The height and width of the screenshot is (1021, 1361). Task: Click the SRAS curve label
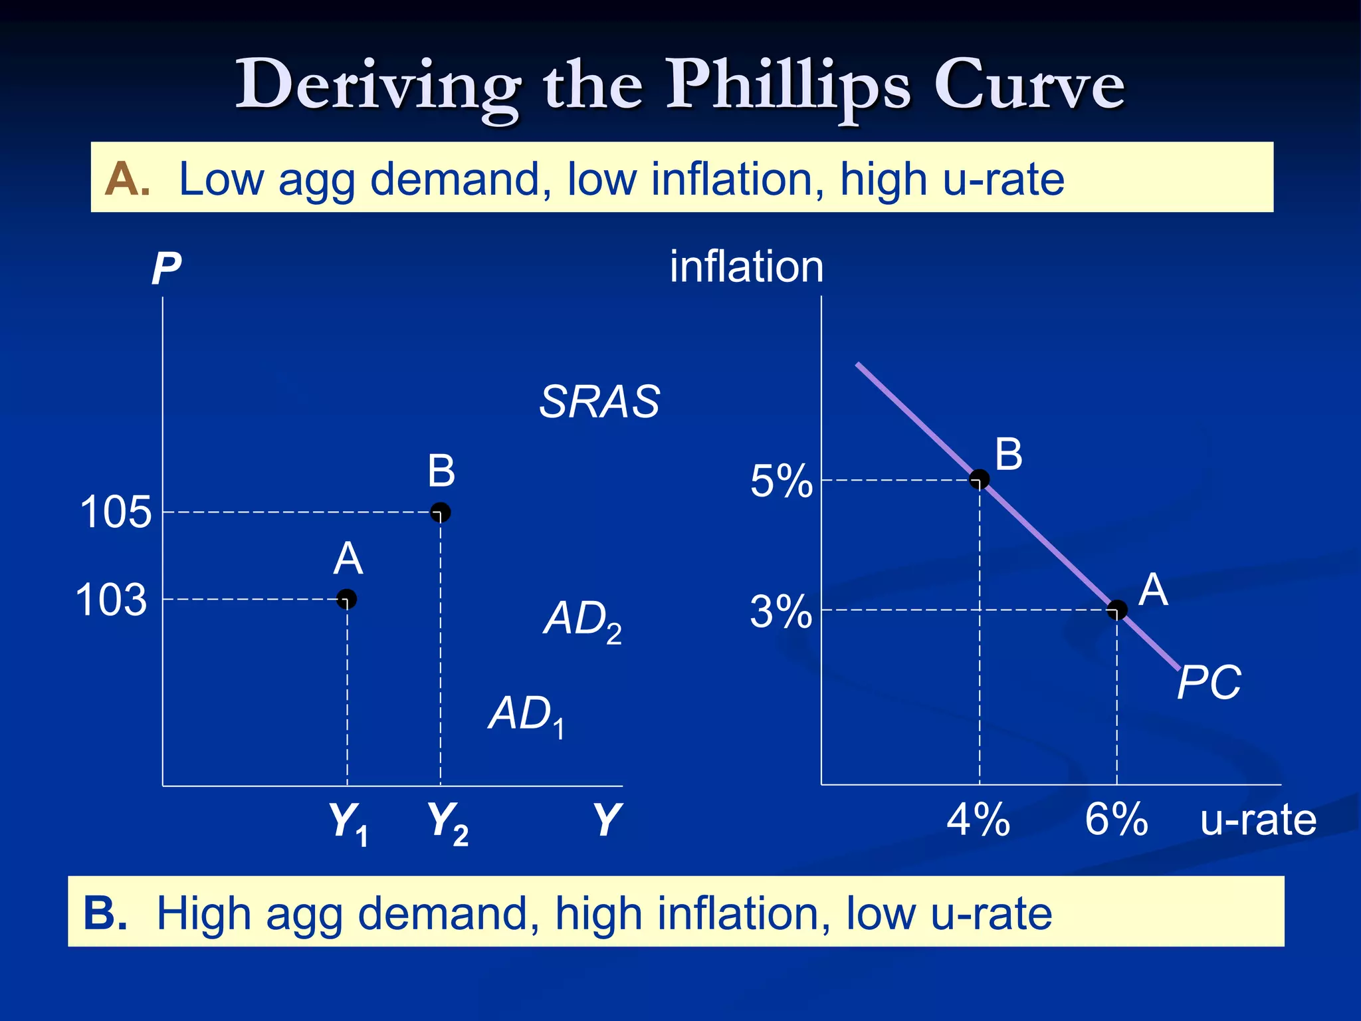(x=599, y=402)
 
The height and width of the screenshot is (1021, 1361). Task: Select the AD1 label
(x=527, y=715)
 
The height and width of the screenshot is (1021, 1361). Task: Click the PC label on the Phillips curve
(x=1209, y=683)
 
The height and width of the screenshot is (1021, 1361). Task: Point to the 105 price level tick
(x=116, y=512)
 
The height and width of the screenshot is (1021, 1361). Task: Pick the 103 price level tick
(x=111, y=600)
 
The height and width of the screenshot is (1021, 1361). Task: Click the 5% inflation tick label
(x=781, y=481)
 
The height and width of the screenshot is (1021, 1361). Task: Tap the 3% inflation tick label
(x=781, y=612)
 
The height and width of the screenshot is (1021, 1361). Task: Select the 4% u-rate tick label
(x=978, y=820)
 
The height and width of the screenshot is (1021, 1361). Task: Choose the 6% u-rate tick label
(x=1116, y=820)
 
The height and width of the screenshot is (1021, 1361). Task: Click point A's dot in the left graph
(x=347, y=599)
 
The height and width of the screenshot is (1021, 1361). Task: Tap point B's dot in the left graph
(x=441, y=512)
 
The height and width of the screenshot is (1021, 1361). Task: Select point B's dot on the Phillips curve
(x=980, y=479)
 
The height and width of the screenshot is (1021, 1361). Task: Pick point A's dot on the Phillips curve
(x=1117, y=610)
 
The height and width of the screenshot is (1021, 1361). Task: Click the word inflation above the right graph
(x=746, y=267)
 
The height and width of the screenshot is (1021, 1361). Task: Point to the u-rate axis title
(x=1258, y=820)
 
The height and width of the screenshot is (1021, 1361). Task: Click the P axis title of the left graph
(x=166, y=269)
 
